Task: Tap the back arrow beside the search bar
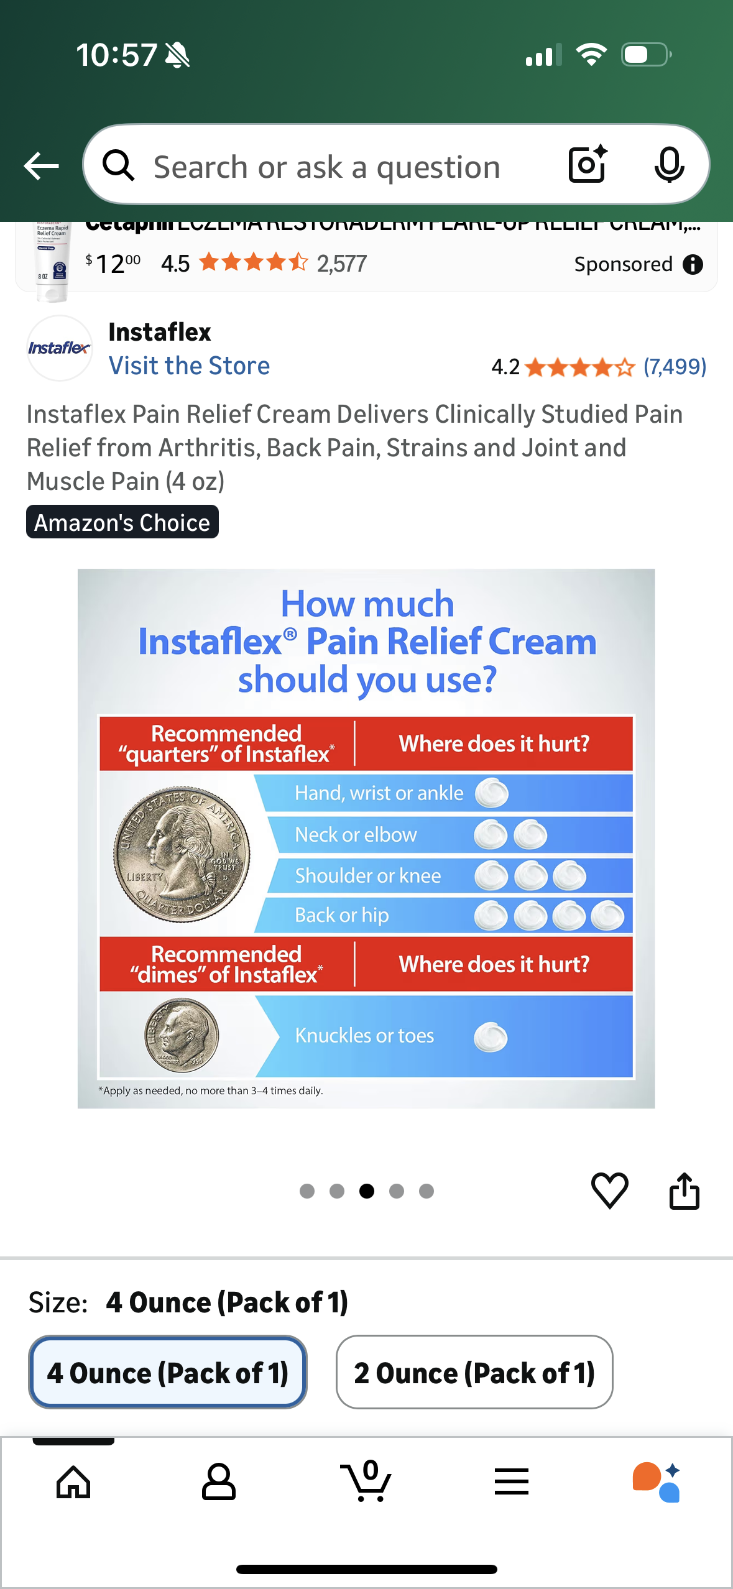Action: pyautogui.click(x=41, y=166)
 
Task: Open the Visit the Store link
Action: pyautogui.click(x=189, y=366)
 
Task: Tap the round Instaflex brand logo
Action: pyautogui.click(x=59, y=348)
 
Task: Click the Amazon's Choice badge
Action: pyautogui.click(x=122, y=522)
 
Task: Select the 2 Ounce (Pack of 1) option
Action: pyautogui.click(x=474, y=1372)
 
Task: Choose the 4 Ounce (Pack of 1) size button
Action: pyautogui.click(x=168, y=1372)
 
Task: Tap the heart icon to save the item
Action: pyautogui.click(x=609, y=1191)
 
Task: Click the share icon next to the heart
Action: pyautogui.click(x=684, y=1191)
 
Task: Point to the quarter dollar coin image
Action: pyautogui.click(x=182, y=854)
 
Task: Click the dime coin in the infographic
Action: pyautogui.click(x=182, y=1035)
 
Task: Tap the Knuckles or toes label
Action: pyautogui.click(x=364, y=1036)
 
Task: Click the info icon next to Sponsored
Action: pyautogui.click(x=693, y=265)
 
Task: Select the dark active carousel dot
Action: pyautogui.click(x=367, y=1191)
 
